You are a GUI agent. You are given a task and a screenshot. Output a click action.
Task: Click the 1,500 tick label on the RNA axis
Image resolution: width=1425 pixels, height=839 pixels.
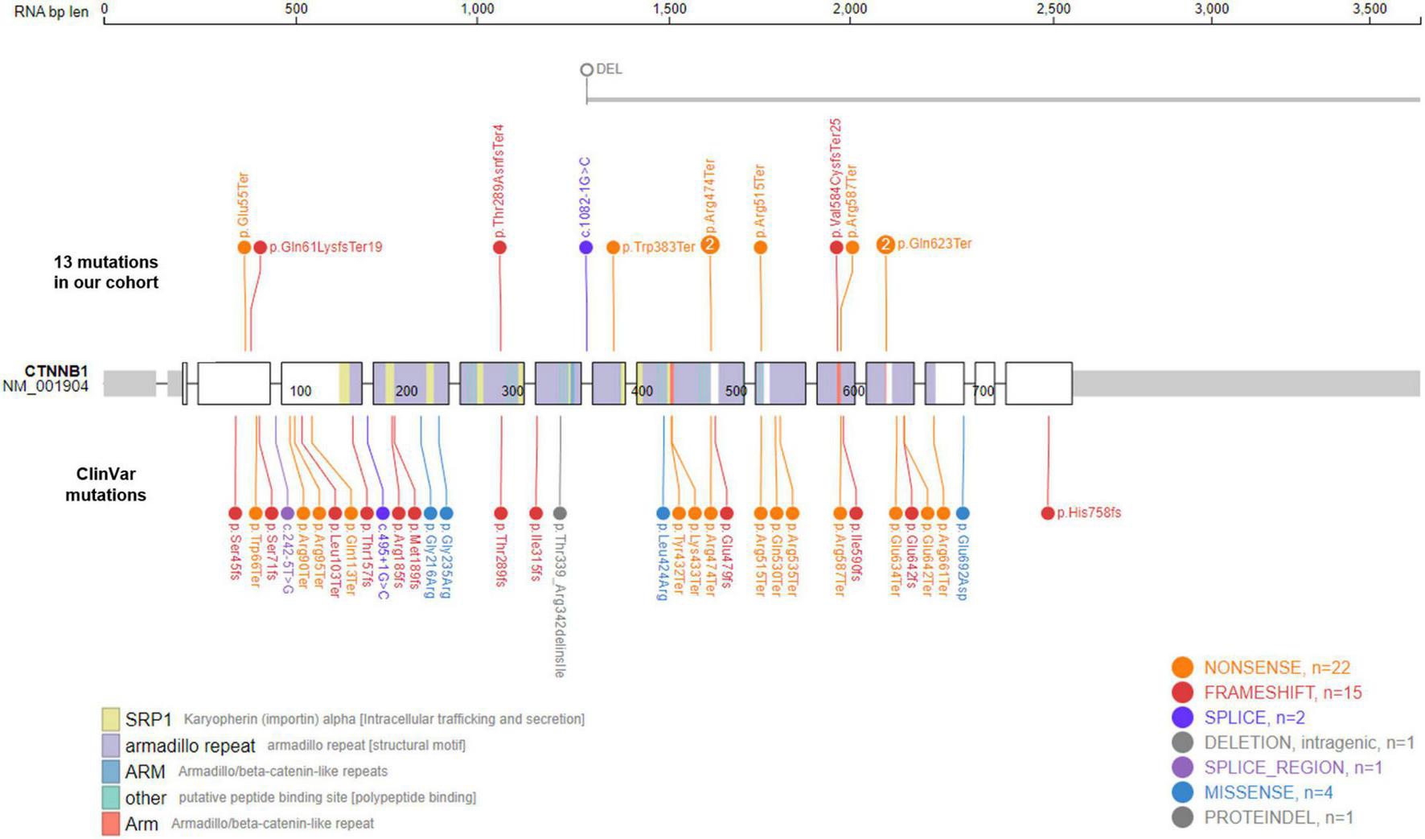[x=669, y=9]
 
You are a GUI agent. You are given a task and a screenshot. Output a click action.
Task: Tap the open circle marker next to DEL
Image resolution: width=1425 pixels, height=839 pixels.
[x=587, y=70]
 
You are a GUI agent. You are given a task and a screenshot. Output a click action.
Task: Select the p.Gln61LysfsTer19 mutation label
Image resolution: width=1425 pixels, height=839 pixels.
[x=326, y=247]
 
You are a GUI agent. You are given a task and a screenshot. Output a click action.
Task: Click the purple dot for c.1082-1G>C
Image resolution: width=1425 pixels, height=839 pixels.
[x=586, y=247]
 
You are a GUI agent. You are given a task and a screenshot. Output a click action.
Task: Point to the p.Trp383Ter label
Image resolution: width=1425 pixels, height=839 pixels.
[x=659, y=247]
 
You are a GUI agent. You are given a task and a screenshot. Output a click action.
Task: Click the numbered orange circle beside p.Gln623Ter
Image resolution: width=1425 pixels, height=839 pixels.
[x=885, y=245]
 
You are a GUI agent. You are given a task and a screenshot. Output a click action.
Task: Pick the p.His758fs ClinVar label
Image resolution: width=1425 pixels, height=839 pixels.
[x=1089, y=512]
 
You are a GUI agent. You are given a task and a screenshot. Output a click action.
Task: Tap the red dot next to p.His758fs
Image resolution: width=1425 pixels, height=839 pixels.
[x=1048, y=513]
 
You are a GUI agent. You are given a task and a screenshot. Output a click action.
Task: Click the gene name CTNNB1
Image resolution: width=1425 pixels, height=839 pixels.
[x=56, y=371]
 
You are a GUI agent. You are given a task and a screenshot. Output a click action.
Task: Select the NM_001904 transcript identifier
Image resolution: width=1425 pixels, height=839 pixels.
[x=46, y=386]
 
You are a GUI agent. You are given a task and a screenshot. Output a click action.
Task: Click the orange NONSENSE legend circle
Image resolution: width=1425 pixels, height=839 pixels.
[x=1182, y=667]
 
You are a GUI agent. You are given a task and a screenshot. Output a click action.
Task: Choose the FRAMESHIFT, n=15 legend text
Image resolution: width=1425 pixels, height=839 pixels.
[x=1283, y=692]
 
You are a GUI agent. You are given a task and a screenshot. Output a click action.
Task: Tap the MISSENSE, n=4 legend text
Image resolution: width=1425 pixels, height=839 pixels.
[x=1268, y=792]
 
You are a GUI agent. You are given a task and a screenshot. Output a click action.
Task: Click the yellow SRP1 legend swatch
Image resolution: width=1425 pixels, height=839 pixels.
[x=111, y=718]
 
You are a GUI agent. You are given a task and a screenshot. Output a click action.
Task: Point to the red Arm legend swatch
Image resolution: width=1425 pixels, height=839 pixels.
[x=111, y=824]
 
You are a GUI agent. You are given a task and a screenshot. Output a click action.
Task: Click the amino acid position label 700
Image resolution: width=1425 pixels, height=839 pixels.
[x=984, y=391]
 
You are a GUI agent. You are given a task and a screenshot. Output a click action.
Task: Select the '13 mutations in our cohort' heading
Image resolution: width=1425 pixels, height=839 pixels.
[x=106, y=272]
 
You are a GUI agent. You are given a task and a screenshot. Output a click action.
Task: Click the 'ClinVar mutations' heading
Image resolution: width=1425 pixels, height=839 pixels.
[x=105, y=484]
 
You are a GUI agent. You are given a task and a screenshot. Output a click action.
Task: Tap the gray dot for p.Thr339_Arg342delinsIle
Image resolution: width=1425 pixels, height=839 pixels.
[x=561, y=513]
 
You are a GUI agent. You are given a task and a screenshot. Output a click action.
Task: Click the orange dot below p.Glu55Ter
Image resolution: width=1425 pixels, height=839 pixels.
[x=244, y=247]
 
